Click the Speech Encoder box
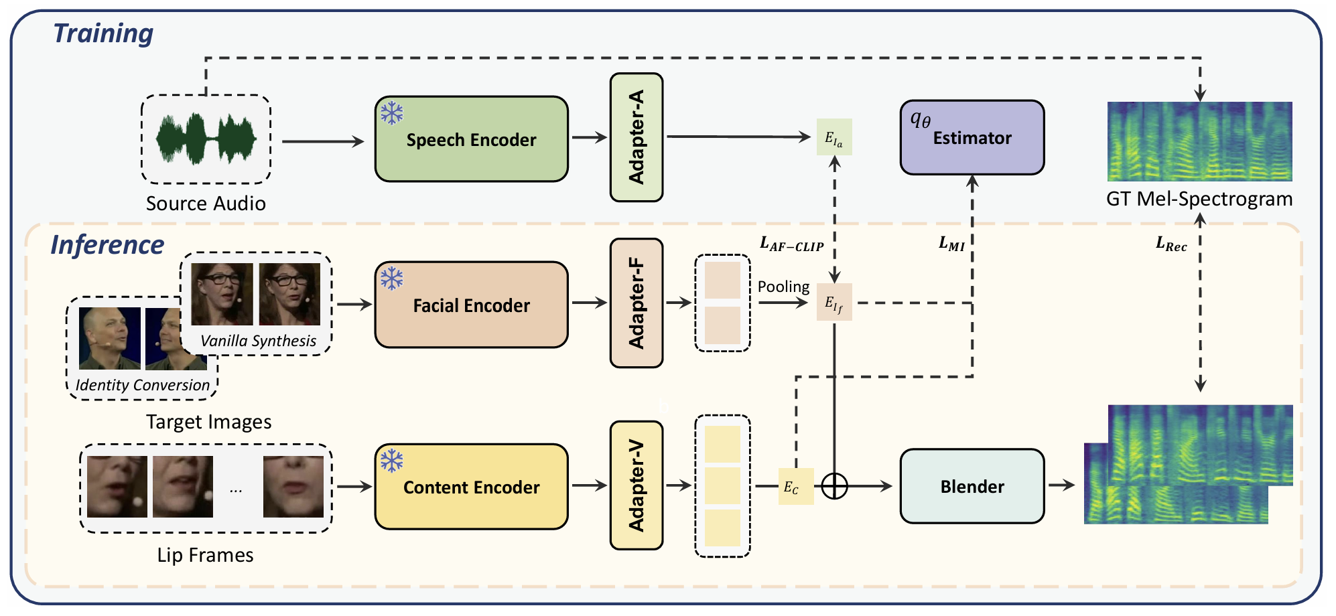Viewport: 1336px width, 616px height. [471, 139]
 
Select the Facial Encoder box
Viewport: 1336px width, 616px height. [471, 305]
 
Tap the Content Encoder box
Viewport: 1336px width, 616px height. [471, 487]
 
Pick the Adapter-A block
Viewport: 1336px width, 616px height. [636, 137]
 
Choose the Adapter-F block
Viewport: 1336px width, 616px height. [636, 303]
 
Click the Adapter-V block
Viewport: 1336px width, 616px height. [636, 485]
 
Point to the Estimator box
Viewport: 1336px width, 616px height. [972, 138]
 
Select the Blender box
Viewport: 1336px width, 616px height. [972, 487]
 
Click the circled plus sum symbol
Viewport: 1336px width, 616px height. [834, 486]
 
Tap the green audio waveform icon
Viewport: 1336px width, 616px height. [206, 139]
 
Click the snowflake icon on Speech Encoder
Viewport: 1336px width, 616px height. [392, 112]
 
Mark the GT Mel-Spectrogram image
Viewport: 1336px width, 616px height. [1199, 141]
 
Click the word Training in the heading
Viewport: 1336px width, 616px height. [103, 33]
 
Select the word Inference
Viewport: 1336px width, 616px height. [107, 245]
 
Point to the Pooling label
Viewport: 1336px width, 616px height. [783, 287]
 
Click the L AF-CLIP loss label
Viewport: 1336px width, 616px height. [791, 244]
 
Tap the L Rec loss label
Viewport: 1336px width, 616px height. [1171, 244]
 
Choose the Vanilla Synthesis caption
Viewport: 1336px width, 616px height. [258, 341]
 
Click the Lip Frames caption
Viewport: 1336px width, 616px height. [205, 555]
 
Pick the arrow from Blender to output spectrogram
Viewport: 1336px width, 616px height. [1061, 485]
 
